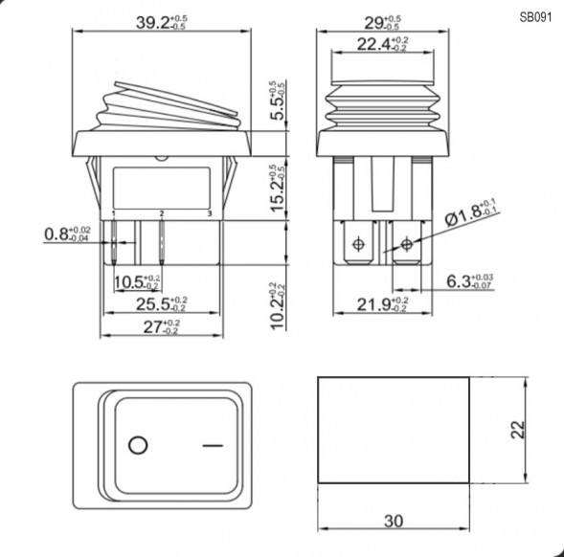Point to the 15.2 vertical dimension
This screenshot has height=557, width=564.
click(277, 188)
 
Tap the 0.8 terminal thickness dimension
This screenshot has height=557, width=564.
click(58, 233)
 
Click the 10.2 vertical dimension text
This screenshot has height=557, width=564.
click(277, 304)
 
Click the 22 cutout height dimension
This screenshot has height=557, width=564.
click(517, 430)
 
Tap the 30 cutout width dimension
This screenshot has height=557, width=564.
click(393, 522)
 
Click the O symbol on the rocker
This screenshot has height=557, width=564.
click(137, 446)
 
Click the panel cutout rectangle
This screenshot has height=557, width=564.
click(393, 430)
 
